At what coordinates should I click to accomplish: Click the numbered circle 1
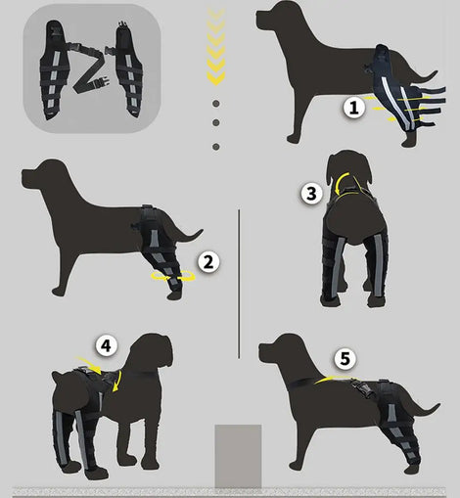(354, 108)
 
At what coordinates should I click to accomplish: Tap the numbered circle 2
(208, 262)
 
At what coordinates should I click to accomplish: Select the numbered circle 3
(311, 194)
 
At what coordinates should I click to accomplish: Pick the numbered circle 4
(107, 346)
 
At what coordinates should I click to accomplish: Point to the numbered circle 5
(345, 359)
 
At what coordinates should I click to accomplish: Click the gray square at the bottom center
(238, 456)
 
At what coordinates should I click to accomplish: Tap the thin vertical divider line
(239, 284)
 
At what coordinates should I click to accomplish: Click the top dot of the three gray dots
(216, 104)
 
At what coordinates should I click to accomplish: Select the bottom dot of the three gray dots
(216, 147)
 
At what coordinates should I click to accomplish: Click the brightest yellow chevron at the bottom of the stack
(216, 78)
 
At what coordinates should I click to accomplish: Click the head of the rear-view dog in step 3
(349, 168)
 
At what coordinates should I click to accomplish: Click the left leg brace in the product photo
(56, 70)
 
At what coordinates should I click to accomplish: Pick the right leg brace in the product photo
(128, 70)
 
